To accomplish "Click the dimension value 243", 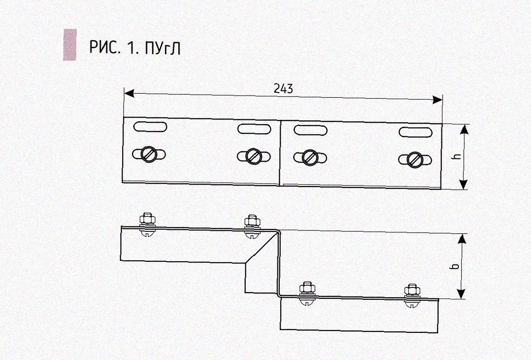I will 283,89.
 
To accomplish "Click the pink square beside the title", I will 70,45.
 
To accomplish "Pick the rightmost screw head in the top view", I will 415,160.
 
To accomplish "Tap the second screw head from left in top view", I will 253,156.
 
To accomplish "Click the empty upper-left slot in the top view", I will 150,125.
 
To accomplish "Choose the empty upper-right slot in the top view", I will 416,132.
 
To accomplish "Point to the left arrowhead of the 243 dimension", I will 129,94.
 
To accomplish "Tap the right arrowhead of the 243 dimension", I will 437,100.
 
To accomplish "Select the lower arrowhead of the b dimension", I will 462,294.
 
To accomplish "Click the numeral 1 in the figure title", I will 132,47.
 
